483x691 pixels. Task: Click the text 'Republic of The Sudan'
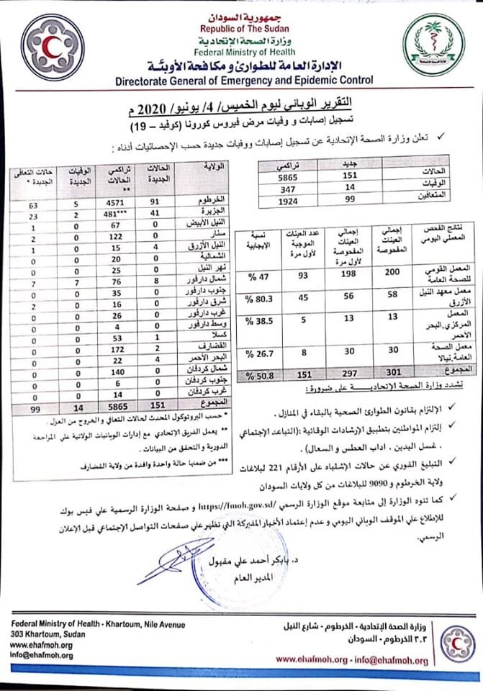(x=241, y=27)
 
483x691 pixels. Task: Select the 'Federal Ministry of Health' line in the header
(x=241, y=52)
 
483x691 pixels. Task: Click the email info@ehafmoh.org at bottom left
(x=42, y=656)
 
